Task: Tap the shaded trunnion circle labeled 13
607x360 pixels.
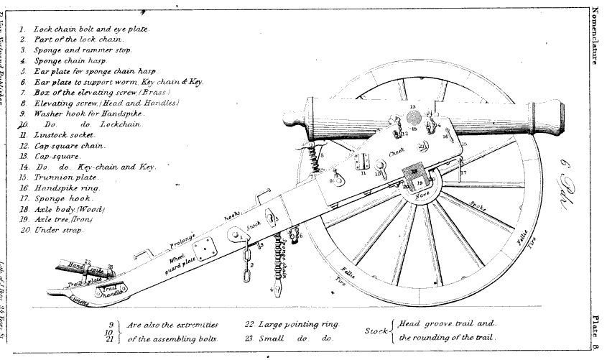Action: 412,116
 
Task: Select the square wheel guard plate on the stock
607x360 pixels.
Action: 208,249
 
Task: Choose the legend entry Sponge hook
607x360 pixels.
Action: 63,198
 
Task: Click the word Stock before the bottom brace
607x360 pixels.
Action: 376,331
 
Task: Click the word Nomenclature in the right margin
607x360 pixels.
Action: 596,36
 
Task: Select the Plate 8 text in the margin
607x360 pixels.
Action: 596,331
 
